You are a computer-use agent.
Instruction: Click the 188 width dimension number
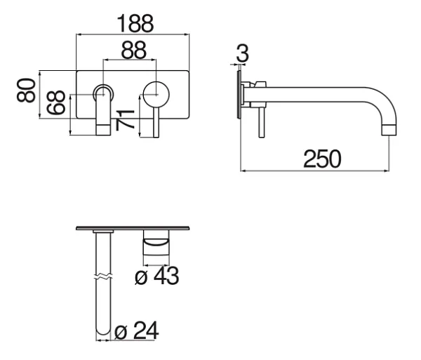tap(135, 24)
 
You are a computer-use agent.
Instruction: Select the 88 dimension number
tap(134, 51)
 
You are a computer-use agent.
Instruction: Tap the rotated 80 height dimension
tap(26, 91)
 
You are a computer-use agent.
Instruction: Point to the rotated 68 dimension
tap(56, 102)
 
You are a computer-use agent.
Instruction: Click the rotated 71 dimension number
tap(125, 120)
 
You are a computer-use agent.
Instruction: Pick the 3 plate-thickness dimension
tap(243, 53)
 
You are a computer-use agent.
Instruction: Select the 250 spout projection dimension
tap(322, 159)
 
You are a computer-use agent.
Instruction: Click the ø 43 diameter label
tap(156, 276)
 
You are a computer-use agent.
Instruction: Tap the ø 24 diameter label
tap(137, 331)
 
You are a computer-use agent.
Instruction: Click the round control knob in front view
tap(156, 95)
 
